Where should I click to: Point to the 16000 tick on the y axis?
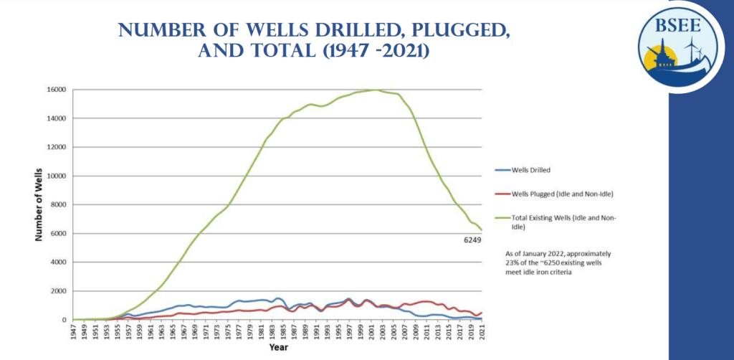coord(57,90)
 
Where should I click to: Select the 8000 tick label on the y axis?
coord(59,205)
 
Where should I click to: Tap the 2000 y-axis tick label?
coord(59,291)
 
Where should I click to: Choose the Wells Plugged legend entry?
coord(563,194)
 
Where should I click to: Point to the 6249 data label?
coord(472,241)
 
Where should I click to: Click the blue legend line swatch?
coord(504,170)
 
